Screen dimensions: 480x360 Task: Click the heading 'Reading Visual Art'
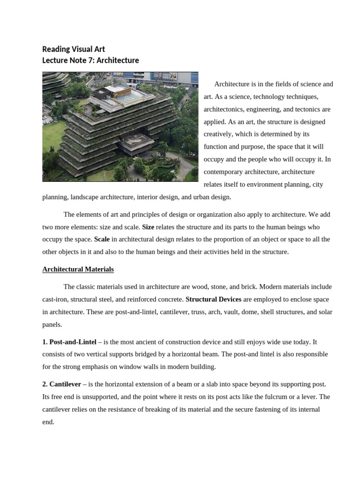74,49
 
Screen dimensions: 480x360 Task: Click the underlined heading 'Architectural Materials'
78,270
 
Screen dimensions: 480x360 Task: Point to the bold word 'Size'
148,227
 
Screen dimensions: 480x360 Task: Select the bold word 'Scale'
102,239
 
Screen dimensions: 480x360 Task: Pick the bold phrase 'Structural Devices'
213,299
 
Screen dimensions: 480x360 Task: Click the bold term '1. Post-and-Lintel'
69,342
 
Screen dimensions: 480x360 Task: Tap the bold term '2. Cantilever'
61,384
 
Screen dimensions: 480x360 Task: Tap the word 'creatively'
219,135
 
